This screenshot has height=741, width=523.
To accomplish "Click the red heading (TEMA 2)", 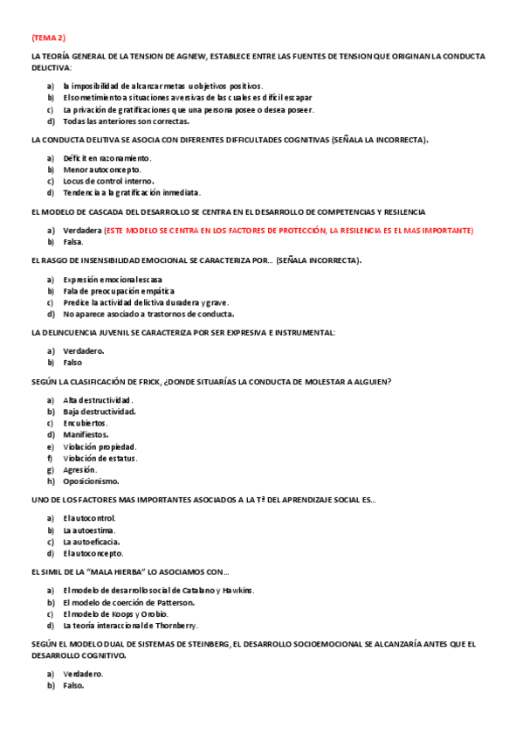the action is point(48,38).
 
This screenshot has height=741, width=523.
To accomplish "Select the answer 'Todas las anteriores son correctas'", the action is point(126,121).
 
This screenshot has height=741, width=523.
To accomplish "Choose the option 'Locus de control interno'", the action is point(108,181).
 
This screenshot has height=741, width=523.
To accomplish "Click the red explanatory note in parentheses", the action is point(288,230).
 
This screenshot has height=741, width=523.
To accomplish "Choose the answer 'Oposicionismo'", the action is point(91,481).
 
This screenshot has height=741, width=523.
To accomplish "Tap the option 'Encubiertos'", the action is point(85,422).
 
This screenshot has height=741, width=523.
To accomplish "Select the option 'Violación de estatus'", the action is point(100,457).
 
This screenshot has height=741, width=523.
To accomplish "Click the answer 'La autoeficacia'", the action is point(91,541).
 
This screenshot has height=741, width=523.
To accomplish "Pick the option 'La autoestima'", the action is point(89,530).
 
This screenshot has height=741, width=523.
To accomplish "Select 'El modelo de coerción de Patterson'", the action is point(128,602).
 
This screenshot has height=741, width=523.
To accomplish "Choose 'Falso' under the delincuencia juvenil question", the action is point(72,362).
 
